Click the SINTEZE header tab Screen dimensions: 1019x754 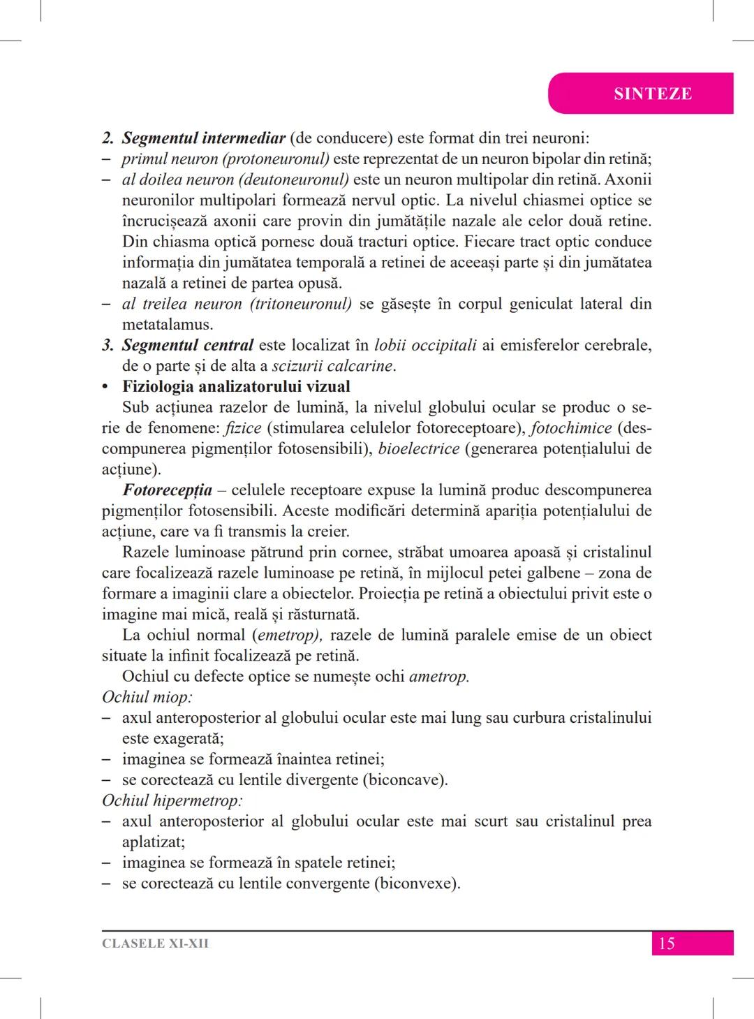[x=652, y=94]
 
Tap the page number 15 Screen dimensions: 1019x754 [x=667, y=944]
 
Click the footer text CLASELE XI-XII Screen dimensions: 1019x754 [x=155, y=944]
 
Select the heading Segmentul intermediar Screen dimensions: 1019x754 [x=203, y=138]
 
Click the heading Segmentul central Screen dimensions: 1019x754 [x=187, y=345]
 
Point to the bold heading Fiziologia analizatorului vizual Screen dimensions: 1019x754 [x=236, y=386]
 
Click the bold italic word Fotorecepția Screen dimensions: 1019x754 [x=168, y=490]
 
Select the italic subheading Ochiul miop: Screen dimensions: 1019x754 [x=147, y=697]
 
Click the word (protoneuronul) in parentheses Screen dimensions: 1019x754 [x=276, y=159]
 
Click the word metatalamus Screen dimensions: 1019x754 [x=168, y=325]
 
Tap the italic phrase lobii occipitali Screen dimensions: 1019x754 [x=425, y=345]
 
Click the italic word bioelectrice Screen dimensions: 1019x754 [x=419, y=448]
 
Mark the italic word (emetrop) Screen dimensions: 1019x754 [x=286, y=635]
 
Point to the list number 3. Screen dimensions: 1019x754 [x=108, y=345]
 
